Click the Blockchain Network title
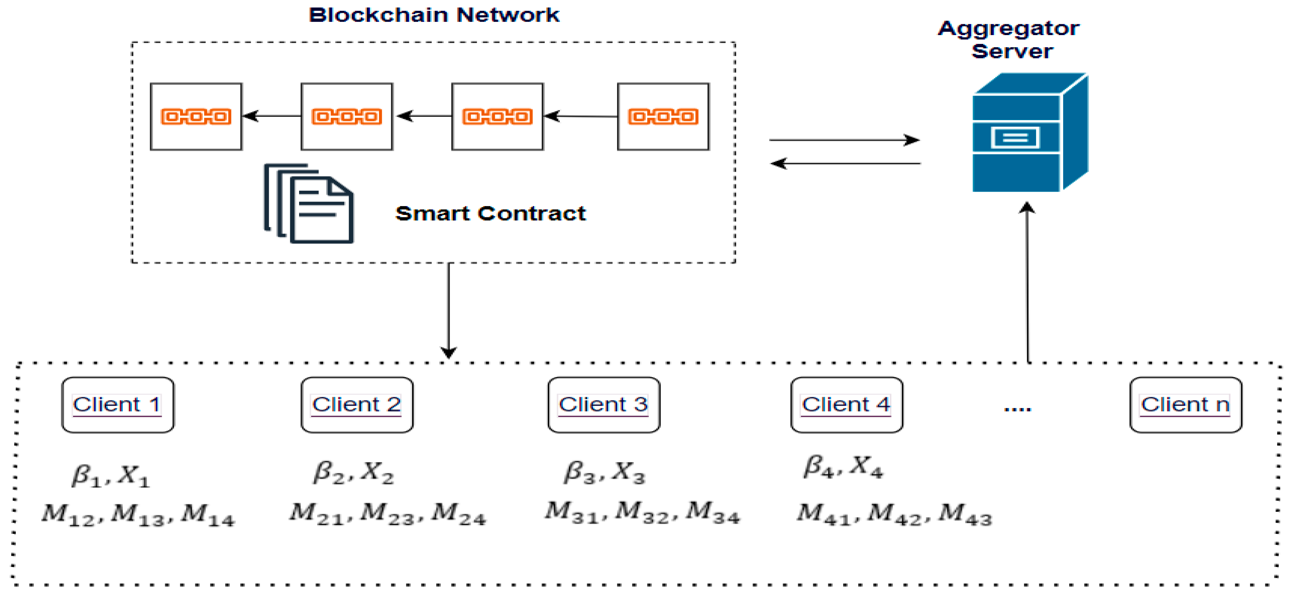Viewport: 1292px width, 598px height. tap(434, 15)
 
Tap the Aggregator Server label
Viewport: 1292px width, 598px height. tap(1009, 40)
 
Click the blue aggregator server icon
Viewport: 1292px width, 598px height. tap(1030, 132)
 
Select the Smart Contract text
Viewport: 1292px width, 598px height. tap(490, 214)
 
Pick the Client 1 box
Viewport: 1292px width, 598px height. tap(118, 405)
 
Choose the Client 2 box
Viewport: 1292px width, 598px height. tap(357, 405)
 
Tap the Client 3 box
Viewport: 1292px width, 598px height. tap(604, 405)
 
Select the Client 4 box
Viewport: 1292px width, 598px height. tap(847, 405)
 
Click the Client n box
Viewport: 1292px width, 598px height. tap(1186, 405)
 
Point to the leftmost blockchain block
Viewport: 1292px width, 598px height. tap(196, 117)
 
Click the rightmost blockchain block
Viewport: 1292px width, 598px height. tap(663, 117)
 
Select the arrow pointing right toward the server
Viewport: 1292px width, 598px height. tap(845, 140)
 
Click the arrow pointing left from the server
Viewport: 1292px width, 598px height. tap(845, 163)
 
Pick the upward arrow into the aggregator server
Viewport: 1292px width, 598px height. tap(1028, 282)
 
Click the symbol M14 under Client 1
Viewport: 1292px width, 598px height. tap(207, 515)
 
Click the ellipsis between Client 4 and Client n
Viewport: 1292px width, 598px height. tap(1017, 409)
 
